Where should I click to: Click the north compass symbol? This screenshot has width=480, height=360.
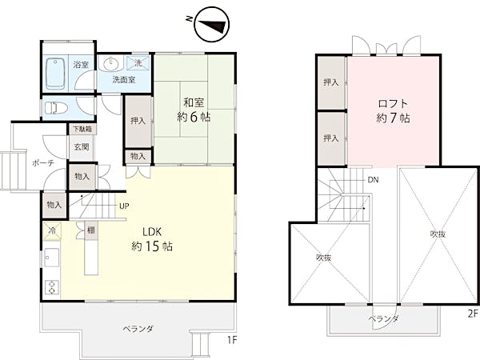point(211,25)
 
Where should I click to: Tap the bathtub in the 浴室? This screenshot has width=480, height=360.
point(56,74)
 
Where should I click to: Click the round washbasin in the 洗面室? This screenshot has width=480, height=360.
point(111,63)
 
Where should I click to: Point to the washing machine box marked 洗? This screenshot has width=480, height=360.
point(138,63)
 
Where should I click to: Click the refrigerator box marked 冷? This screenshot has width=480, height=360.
point(52,230)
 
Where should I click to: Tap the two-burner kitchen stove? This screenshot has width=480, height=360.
point(52,287)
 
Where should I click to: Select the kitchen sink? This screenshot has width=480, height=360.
point(52,257)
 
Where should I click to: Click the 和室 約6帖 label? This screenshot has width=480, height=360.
point(194,110)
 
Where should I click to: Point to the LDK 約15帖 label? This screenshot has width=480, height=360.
point(152,239)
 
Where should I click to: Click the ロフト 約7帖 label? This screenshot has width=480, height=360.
point(393,110)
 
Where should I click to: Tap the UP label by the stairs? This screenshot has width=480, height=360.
point(124,206)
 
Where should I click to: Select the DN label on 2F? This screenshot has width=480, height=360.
point(373,180)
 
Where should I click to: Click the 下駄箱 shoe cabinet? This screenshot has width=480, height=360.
point(82,129)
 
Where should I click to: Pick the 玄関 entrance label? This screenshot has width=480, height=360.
point(82,147)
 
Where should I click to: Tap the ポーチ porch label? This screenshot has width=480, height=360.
point(43,163)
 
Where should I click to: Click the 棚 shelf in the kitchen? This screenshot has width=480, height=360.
point(91,230)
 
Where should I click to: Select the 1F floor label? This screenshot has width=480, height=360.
point(232,340)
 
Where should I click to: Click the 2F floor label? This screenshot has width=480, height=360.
point(473,314)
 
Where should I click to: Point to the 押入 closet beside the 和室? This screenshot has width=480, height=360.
point(138,122)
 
